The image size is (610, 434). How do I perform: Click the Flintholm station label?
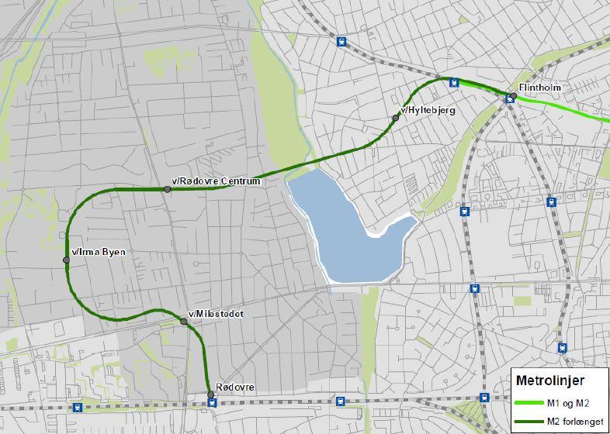540,88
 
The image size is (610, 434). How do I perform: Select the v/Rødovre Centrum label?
217,181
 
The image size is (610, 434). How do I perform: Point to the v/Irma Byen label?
98,252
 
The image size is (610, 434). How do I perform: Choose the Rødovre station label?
234,387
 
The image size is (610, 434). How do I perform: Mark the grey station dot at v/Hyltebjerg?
396,118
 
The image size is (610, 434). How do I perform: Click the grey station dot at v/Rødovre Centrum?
167,189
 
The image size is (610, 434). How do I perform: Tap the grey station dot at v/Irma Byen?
67,260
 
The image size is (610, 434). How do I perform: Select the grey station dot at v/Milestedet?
184,321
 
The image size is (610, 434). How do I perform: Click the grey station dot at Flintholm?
513,96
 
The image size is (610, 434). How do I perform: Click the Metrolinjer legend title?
550,380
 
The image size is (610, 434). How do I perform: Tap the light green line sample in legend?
528,403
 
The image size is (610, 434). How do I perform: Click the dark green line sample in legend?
528,421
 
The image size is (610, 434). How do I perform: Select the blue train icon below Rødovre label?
212,403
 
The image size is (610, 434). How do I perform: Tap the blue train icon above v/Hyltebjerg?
454,83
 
